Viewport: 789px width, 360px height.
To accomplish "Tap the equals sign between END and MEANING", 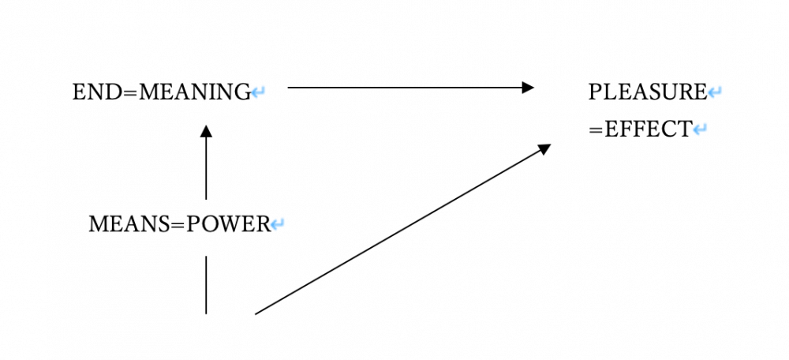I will click(x=126, y=93).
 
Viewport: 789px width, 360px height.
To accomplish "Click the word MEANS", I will click(x=127, y=224).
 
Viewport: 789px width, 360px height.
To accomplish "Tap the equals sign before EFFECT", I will click(x=596, y=129).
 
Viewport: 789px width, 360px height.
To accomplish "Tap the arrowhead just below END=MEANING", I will click(x=206, y=130).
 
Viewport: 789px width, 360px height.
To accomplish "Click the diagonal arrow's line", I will click(x=394, y=233).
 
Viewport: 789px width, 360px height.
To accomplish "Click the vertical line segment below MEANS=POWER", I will click(x=206, y=284).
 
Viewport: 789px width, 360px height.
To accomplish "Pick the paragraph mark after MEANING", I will click(x=259, y=93).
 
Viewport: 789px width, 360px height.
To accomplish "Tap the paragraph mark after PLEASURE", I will click(x=715, y=93).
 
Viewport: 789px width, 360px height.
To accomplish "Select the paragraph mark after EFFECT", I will click(x=700, y=129).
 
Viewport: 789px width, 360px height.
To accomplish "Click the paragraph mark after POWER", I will click(x=278, y=225).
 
